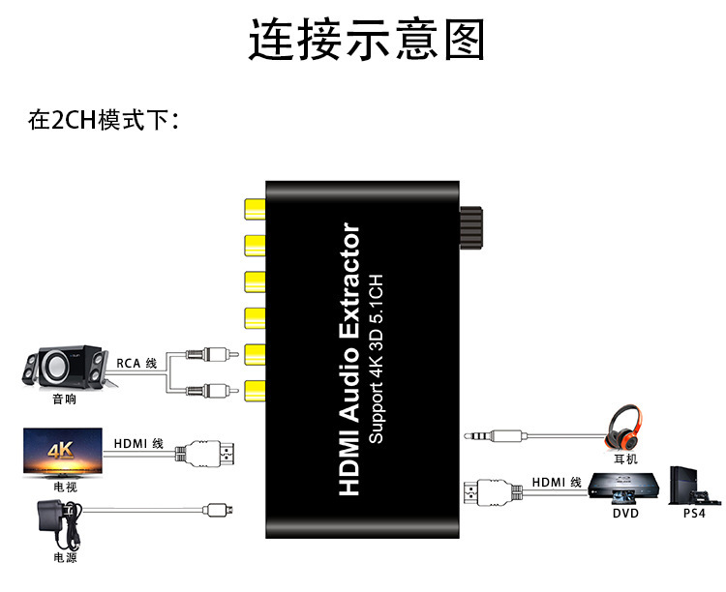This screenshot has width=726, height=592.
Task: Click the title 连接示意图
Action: point(367,42)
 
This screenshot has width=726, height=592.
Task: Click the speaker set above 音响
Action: point(63,368)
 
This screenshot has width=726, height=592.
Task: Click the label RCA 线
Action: point(136,363)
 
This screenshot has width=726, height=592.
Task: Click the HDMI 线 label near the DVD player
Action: point(556,482)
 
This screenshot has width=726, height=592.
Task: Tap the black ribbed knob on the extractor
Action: point(471,230)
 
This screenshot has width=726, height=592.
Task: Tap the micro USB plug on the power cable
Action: point(215,508)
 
